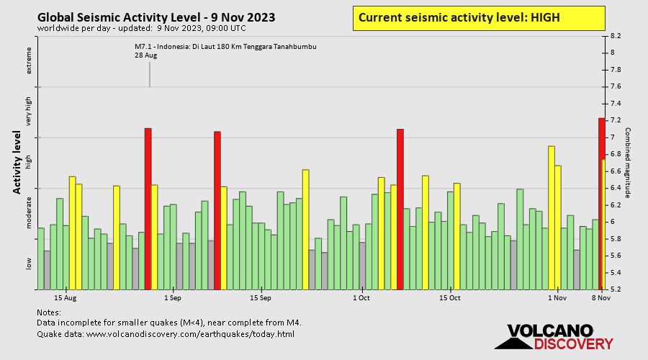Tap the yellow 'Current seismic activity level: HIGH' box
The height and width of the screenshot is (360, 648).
479,18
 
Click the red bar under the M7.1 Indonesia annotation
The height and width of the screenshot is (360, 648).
148,208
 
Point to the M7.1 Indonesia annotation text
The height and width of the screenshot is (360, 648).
225,48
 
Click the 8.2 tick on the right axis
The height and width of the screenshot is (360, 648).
616,35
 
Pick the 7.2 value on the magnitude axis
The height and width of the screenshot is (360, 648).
616,120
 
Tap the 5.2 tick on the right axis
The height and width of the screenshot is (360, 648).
616,289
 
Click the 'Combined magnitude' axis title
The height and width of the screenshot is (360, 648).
627,163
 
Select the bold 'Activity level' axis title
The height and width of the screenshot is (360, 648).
17,163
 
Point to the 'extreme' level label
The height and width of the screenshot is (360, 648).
30,61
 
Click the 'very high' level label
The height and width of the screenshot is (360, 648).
30,112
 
